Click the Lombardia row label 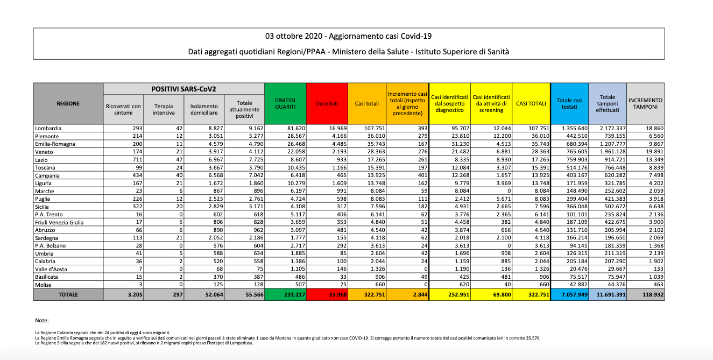click(x=48, y=129)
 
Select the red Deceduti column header click(x=327, y=103)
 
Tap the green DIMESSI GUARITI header click(x=285, y=103)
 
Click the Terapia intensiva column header click(x=164, y=110)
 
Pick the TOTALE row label click(x=68, y=295)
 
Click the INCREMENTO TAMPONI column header click(x=646, y=103)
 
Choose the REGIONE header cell click(x=68, y=103)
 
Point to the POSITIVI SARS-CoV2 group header click(x=183, y=89)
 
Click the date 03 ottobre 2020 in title click(x=291, y=37)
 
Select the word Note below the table click(x=41, y=320)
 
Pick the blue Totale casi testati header click(x=569, y=103)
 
